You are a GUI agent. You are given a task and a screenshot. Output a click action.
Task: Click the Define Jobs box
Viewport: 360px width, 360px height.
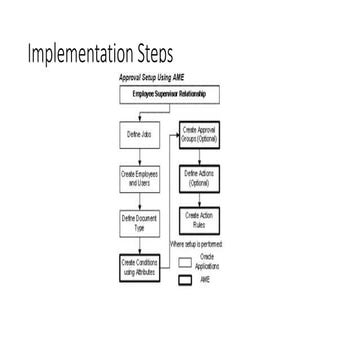click(x=141, y=133)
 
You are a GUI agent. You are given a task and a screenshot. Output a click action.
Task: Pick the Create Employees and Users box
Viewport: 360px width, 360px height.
click(x=141, y=177)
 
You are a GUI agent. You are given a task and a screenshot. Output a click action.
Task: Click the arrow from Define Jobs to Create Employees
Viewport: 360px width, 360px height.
click(x=141, y=155)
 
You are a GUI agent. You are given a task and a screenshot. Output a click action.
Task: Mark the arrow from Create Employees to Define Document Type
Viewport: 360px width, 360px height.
click(x=141, y=199)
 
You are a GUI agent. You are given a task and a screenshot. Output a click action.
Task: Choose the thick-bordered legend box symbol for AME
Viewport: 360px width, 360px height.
click(x=186, y=281)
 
